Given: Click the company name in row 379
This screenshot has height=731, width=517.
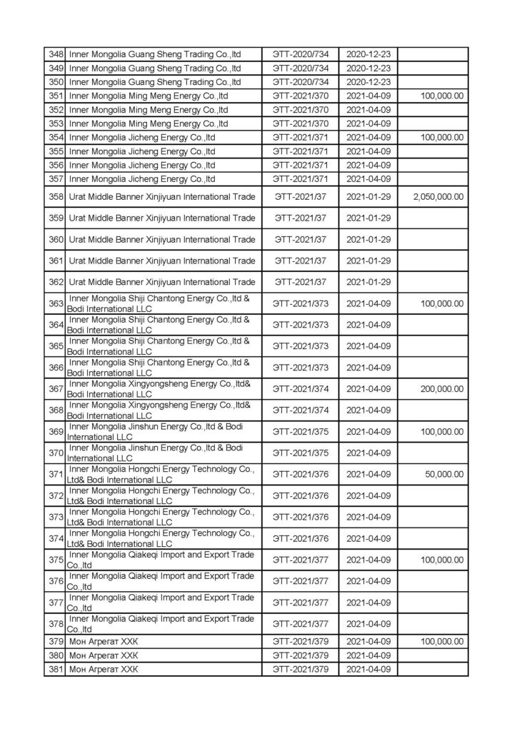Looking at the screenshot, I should click(x=104, y=642).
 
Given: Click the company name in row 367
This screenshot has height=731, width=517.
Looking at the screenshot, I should click(x=159, y=389).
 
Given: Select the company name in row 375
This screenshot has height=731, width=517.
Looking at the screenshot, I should click(x=161, y=560).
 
